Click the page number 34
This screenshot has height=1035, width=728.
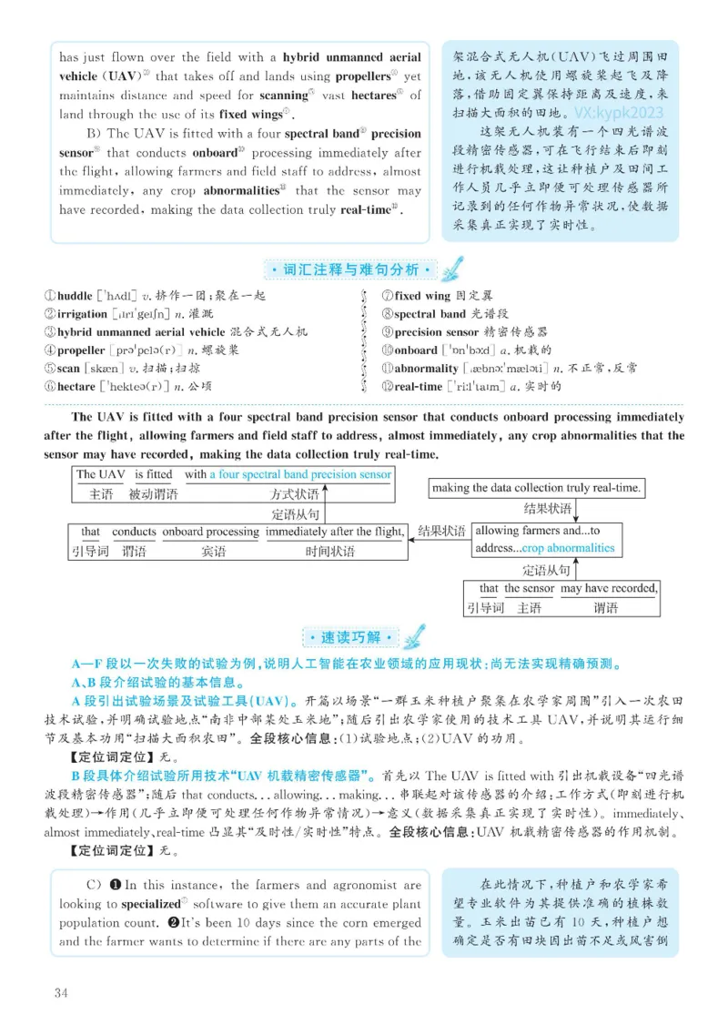61,991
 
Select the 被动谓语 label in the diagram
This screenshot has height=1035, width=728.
153,494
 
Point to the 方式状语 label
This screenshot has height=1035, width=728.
295,494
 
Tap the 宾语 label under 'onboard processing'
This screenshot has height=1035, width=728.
213,551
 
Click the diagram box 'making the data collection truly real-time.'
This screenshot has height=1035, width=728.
537,488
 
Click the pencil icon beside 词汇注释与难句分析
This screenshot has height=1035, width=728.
450,268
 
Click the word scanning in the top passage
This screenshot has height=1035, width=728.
283,95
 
